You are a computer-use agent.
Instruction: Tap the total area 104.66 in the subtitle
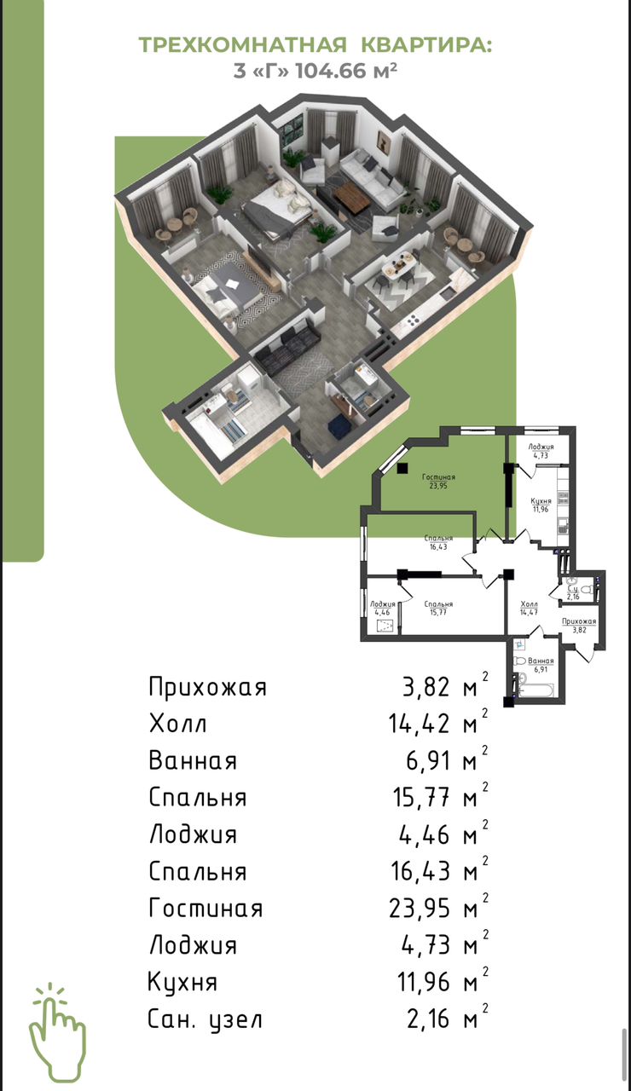(x=331, y=71)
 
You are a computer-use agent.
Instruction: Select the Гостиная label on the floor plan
(x=438, y=477)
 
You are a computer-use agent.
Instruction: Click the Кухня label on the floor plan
(x=541, y=501)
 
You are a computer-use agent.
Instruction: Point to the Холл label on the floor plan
(x=530, y=604)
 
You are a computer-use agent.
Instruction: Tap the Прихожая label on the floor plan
(x=579, y=621)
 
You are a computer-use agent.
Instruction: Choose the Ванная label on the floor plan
(x=541, y=661)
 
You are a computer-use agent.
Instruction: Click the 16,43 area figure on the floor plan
(x=438, y=547)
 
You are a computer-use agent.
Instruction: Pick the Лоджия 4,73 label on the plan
(x=541, y=451)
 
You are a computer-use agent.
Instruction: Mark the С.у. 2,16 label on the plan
(x=573, y=592)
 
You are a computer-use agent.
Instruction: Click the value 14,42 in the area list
(x=419, y=724)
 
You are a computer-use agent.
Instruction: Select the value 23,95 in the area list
(x=419, y=909)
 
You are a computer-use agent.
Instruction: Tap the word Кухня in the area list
(x=182, y=983)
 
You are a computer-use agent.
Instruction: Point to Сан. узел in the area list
(x=206, y=1019)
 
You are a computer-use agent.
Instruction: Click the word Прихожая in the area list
(x=207, y=687)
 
